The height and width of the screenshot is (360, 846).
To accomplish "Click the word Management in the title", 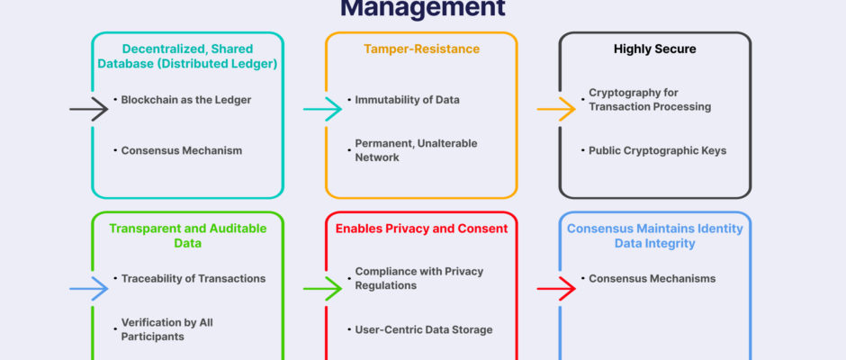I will coord(422,9).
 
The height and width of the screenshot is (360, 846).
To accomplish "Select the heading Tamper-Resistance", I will coord(420,49).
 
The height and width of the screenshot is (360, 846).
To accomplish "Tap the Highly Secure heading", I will coord(654,49).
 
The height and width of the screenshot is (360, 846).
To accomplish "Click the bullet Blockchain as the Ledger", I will coord(187,100).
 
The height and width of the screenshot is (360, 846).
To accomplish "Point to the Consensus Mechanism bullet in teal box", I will coord(182,150).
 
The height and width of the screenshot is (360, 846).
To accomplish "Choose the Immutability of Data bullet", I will coord(407,100).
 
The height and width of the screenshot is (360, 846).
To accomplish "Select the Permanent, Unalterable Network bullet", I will coord(416,150).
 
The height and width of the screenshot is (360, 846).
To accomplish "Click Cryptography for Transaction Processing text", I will coord(650,100).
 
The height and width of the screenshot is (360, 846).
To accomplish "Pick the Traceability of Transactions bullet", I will coord(193,278).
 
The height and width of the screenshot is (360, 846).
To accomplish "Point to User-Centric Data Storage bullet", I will coord(424,329).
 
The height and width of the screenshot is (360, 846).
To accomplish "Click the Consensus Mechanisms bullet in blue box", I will coord(652,278).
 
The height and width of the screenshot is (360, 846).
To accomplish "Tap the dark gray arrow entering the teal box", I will coord(89,109).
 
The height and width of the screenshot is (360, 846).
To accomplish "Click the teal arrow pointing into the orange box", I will coord(322,109).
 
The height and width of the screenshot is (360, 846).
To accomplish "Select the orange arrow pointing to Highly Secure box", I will coord(556,109).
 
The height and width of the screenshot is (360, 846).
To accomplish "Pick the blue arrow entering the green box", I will coord(89,289).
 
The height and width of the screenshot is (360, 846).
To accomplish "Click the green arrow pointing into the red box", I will coord(322,289).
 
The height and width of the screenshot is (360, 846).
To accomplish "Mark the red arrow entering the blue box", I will coord(556,289).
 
